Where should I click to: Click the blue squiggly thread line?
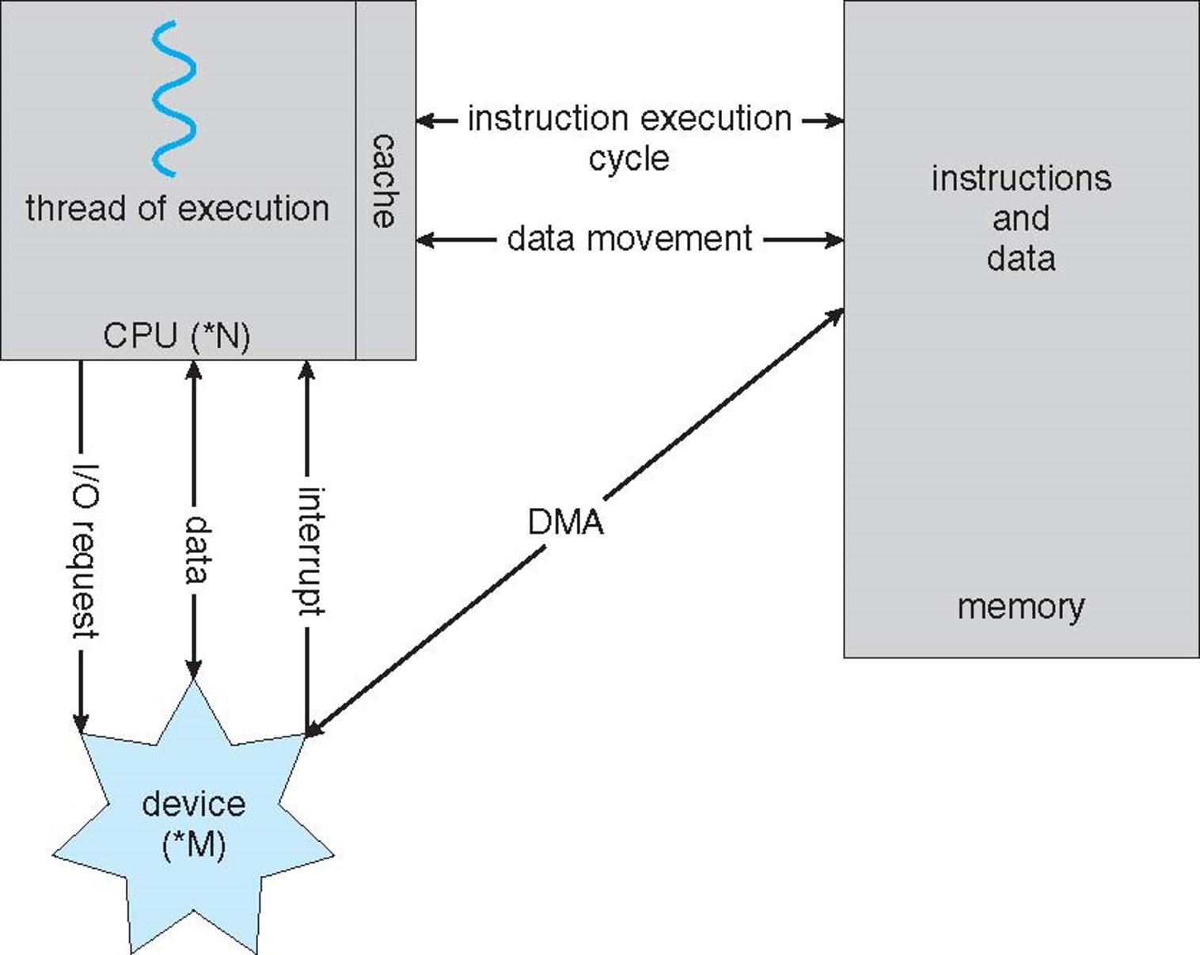(x=173, y=98)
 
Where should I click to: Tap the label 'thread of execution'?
(x=177, y=209)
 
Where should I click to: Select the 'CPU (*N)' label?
(x=177, y=335)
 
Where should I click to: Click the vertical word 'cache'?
(x=384, y=181)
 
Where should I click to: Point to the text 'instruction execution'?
(x=629, y=119)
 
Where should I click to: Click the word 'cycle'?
(x=628, y=159)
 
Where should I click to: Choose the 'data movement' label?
(x=629, y=239)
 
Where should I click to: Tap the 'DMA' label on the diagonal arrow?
(x=565, y=522)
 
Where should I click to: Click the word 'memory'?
(x=1020, y=607)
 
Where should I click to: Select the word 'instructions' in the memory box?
(x=1020, y=179)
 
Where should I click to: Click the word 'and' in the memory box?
(x=1020, y=218)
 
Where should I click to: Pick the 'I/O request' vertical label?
(x=85, y=551)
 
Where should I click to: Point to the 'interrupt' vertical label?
(x=310, y=551)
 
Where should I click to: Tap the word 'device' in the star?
(x=194, y=804)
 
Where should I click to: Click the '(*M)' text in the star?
(x=194, y=844)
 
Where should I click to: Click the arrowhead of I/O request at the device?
(x=81, y=723)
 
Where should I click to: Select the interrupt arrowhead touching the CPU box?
(x=307, y=369)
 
